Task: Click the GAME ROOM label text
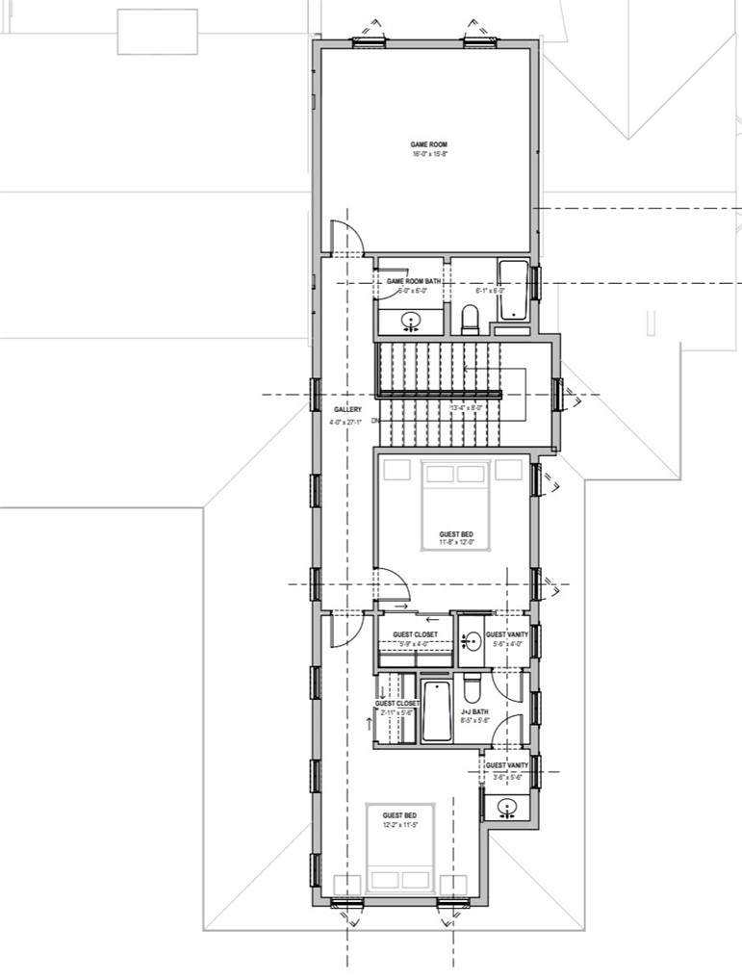(x=428, y=144)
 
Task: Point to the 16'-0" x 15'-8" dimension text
(x=428, y=154)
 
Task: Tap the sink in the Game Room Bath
(x=411, y=321)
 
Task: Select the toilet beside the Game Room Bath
(x=471, y=318)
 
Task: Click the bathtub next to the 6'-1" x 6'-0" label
(x=513, y=290)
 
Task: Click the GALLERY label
(x=347, y=410)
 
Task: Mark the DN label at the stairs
(x=375, y=421)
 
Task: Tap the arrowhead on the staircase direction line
(x=466, y=368)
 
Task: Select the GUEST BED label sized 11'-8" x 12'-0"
(x=456, y=534)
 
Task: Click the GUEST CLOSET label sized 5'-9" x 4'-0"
(x=414, y=634)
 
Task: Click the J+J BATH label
(x=475, y=712)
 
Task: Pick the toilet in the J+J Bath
(x=472, y=687)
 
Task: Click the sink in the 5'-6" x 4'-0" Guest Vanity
(x=471, y=638)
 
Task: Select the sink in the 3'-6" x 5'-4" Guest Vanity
(x=505, y=807)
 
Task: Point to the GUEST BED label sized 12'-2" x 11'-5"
(x=399, y=815)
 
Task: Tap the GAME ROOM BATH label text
(x=414, y=281)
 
